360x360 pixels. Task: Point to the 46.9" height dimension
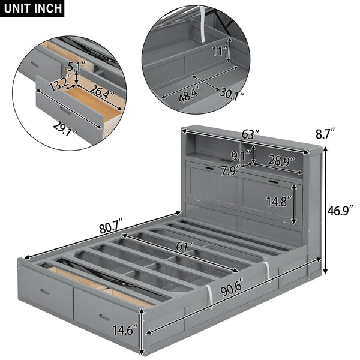pos(340,212)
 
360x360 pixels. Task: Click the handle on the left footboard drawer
pos(44,292)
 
